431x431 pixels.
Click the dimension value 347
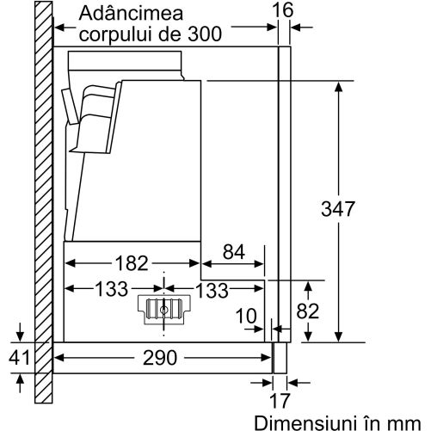point(338,209)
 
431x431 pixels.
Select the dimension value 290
point(160,358)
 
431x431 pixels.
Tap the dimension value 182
point(132,263)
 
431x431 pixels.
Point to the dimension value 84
point(234,252)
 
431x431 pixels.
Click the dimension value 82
point(308,311)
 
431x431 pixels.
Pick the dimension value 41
point(19,357)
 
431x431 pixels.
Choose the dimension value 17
point(280,400)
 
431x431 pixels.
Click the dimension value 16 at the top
point(283,10)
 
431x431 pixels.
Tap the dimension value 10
point(246,317)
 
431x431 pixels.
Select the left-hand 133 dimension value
point(111,289)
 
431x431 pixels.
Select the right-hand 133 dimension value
point(212,290)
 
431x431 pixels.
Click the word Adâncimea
point(131,13)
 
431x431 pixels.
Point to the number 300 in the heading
point(205,34)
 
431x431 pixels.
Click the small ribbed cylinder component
point(163,310)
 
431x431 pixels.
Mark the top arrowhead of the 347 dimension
point(339,87)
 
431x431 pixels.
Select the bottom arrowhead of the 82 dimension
point(308,336)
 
